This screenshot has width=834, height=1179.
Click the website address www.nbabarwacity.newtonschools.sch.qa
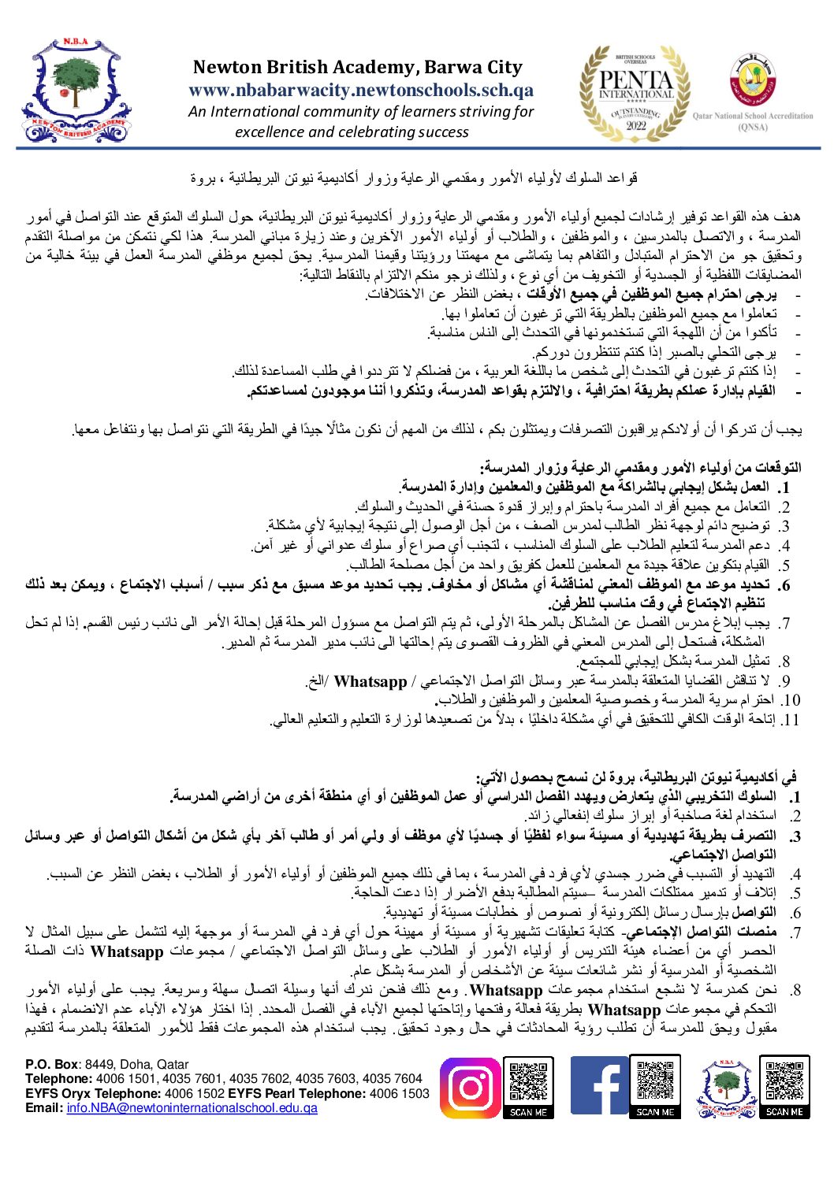coord(361,91)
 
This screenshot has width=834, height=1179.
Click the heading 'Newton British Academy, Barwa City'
coord(358,68)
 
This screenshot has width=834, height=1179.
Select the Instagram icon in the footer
coord(470,1088)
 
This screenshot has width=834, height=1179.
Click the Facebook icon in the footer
coord(599,1088)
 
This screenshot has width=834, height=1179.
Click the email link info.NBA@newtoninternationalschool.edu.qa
coord(192,1108)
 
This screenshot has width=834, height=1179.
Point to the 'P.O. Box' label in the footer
coord(52,1064)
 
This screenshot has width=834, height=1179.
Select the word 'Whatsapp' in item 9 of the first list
coord(370,682)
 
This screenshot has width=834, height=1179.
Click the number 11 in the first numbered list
coord(791,720)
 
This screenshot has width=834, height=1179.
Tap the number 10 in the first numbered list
coord(791,701)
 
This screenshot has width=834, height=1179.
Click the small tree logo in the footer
coord(724,1088)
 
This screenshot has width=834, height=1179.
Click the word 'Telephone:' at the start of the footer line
coord(58,1079)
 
